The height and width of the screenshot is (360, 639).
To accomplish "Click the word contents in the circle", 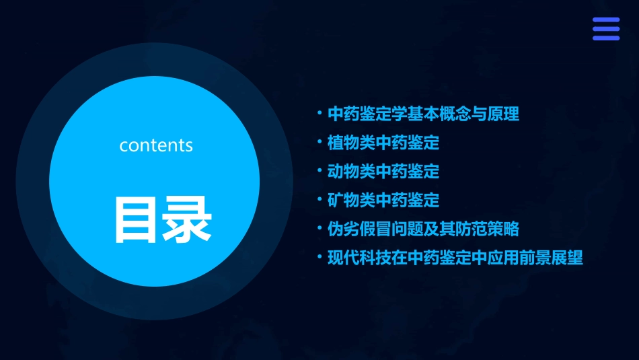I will pyautogui.click(x=156, y=145).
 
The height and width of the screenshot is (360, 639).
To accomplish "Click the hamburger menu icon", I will pyautogui.click(x=605, y=29).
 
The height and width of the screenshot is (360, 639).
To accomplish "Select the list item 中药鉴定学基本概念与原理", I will pyautogui.click(x=423, y=114).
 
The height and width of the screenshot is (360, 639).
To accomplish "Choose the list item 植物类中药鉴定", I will pyautogui.click(x=383, y=143).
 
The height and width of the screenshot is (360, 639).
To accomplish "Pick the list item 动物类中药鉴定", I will pyautogui.click(x=383, y=172).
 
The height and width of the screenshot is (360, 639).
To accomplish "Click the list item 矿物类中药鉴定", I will pyautogui.click(x=383, y=200).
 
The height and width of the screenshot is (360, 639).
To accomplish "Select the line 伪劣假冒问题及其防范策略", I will pyautogui.click(x=423, y=229).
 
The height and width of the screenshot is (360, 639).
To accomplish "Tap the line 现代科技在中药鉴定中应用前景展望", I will pyautogui.click(x=455, y=258).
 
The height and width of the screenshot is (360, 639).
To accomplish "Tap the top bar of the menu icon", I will pyautogui.click(x=605, y=20).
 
